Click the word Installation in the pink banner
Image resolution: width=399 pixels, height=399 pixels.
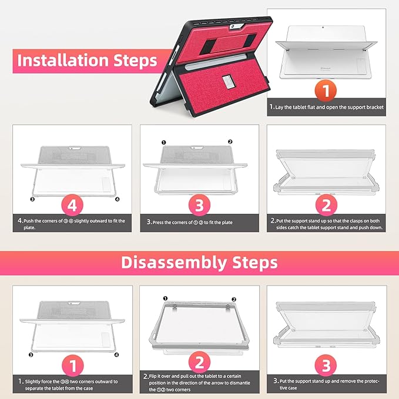pos(63,61)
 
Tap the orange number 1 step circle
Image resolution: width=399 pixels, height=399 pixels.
pos(326,90)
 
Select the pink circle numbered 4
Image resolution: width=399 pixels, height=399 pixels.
pos(72,205)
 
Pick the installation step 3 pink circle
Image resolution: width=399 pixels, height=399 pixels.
pos(199,205)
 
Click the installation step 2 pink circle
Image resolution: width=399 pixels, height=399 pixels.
pos(326,205)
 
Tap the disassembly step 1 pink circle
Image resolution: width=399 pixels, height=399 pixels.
pos(73,366)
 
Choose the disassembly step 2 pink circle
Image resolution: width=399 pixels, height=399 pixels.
pos(199,363)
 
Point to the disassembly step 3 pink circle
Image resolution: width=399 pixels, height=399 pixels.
pos(326,365)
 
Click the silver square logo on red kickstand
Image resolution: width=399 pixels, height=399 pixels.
pos(227,82)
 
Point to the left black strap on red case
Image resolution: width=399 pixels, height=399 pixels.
pos(208,46)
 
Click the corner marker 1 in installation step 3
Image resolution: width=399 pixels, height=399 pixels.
pos(164,142)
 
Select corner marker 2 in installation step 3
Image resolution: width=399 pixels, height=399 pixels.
pos(230,142)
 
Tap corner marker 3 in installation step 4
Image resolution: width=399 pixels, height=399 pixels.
pos(32,199)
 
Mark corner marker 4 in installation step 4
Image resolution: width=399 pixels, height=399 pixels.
pos(118,199)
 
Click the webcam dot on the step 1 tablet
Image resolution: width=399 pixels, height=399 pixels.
pos(323,27)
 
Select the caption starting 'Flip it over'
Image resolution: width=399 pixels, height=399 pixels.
pos(196,383)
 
